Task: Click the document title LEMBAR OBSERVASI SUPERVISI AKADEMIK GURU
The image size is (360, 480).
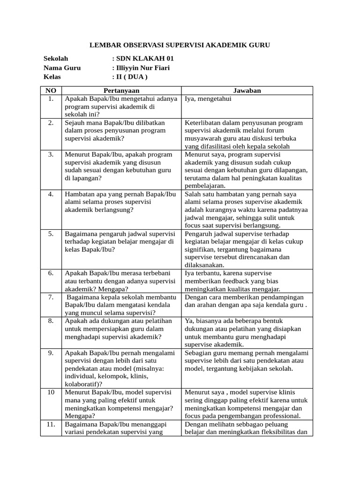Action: click(180, 45)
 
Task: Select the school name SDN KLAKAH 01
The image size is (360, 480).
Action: click(140, 59)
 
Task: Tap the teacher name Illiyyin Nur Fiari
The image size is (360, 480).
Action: click(142, 68)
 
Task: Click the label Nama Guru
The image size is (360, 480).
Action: click(62, 68)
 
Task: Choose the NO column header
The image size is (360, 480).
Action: click(51, 90)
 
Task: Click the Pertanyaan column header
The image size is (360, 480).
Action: click(121, 90)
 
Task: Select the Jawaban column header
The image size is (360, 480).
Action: click(247, 90)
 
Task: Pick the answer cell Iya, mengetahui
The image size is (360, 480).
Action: click(208, 99)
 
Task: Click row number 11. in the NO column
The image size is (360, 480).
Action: click(51, 424)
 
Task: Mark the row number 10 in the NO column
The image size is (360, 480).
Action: click(51, 392)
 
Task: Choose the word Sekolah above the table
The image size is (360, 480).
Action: click(56, 59)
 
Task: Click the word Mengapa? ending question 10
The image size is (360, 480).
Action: click(80, 416)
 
